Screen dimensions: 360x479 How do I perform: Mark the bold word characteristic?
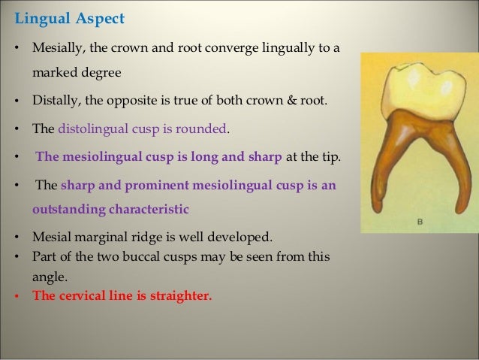click(150, 207)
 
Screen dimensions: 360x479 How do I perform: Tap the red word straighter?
click(180, 295)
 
